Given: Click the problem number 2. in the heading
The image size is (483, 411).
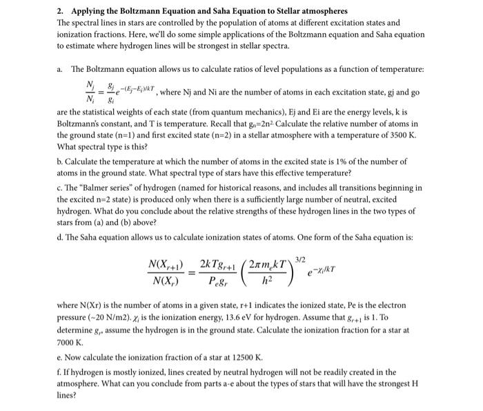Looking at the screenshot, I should pyautogui.click(x=61, y=12).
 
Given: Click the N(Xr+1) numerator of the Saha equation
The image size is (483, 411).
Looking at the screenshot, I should pyautogui.click(x=166, y=265).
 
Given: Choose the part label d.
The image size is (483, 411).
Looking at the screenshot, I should pyautogui.click(x=60, y=237).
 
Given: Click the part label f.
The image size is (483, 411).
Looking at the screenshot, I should pyautogui.click(x=59, y=372).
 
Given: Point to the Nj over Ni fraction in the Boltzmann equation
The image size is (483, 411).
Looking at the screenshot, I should pyautogui.click(x=89, y=89).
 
